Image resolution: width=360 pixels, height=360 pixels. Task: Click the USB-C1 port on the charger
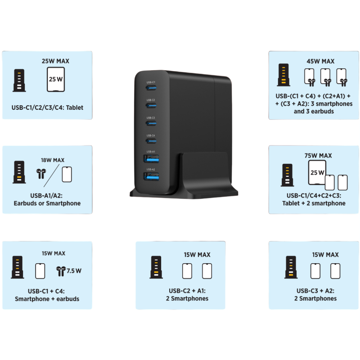tap(151, 88)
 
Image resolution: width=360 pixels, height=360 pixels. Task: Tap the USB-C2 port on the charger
tap(151, 106)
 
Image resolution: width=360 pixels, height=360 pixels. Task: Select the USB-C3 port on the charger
tap(151, 123)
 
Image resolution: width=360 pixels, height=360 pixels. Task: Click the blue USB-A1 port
tap(150, 159)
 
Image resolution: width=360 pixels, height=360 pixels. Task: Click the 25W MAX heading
tap(55, 61)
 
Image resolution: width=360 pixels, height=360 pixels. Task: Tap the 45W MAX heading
tap(320, 61)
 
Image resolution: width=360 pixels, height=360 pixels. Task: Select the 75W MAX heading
tap(318, 156)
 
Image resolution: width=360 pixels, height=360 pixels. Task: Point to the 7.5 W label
tap(74, 271)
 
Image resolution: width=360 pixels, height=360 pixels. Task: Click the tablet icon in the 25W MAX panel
tap(56, 80)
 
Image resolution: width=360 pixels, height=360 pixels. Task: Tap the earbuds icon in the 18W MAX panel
tap(41, 174)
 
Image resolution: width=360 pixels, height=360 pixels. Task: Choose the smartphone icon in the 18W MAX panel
tap(67, 174)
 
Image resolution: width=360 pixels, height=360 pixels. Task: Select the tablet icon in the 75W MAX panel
tap(317, 172)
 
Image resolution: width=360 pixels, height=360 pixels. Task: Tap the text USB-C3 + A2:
tap(315, 290)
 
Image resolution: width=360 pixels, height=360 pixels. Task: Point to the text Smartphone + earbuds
tap(47, 299)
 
